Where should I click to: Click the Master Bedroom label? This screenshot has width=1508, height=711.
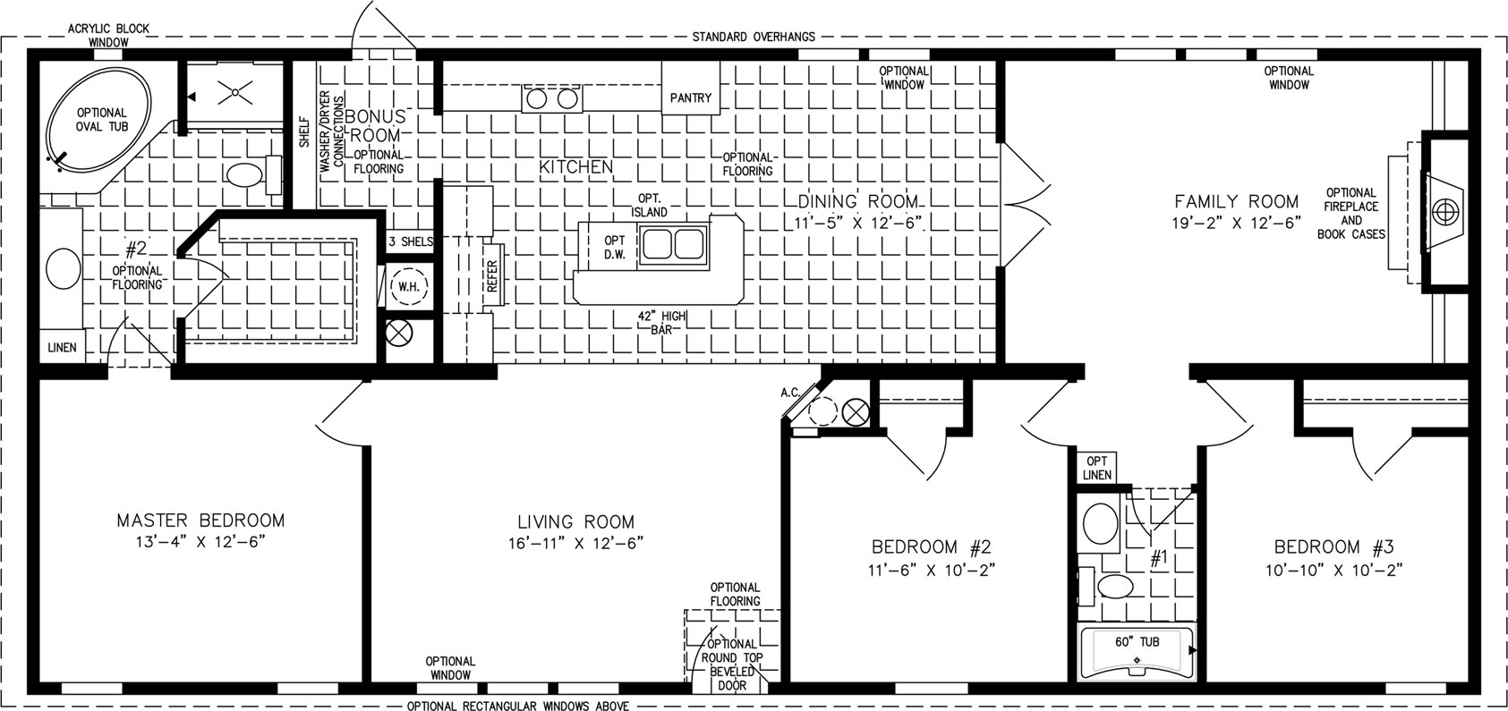(x=200, y=521)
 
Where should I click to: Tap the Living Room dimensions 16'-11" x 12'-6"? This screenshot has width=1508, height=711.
(x=576, y=543)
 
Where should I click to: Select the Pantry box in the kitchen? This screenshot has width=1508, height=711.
(x=691, y=89)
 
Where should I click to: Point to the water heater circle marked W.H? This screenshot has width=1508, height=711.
(x=409, y=286)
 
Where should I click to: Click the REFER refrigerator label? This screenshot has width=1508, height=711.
(x=492, y=275)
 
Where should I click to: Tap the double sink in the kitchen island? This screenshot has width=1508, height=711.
(x=672, y=243)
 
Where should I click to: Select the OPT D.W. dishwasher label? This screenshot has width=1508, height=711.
(x=614, y=247)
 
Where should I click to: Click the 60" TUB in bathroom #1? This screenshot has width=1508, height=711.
(x=1137, y=651)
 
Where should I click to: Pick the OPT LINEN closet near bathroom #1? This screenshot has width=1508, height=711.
(x=1096, y=468)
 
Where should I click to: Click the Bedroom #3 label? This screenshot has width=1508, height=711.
(x=1333, y=546)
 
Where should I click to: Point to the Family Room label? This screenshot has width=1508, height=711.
(x=1236, y=201)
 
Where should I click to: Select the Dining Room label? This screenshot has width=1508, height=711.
(x=857, y=201)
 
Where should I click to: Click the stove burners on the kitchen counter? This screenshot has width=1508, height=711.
(x=552, y=99)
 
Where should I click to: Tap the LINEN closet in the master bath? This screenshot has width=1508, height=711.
(x=62, y=347)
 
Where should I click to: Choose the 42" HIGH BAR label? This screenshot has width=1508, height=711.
(x=661, y=323)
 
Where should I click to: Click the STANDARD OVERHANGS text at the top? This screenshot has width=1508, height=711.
(x=754, y=37)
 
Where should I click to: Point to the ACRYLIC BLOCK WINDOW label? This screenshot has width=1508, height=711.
(x=108, y=35)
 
